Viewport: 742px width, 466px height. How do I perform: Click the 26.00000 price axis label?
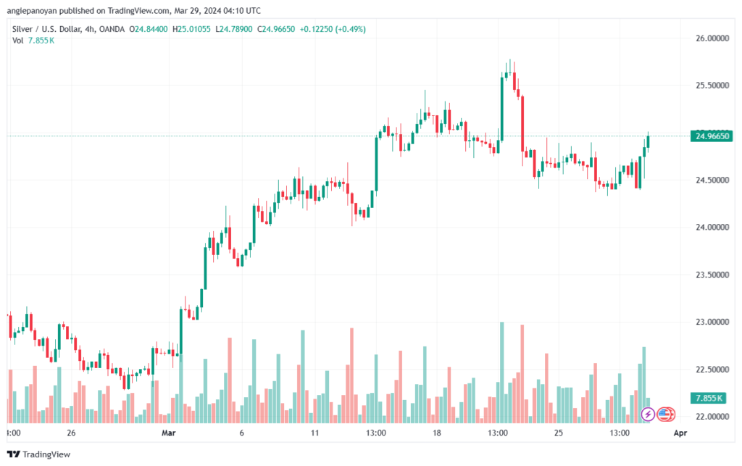point(711,38)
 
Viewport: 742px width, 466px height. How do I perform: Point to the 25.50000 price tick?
point(711,86)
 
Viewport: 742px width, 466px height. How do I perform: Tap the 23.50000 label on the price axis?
point(711,275)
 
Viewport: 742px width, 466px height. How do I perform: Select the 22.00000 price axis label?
point(711,417)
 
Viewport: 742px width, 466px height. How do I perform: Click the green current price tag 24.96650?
point(712,136)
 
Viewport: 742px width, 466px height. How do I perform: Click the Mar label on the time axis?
point(168,433)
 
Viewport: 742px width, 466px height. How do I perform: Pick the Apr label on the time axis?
point(680,433)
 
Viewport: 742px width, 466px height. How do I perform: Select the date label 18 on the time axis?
point(437,433)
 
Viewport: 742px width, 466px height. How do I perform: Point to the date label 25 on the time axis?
point(559,433)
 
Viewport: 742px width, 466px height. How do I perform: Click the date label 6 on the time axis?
point(241,433)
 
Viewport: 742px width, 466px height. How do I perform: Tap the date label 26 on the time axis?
point(70,433)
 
